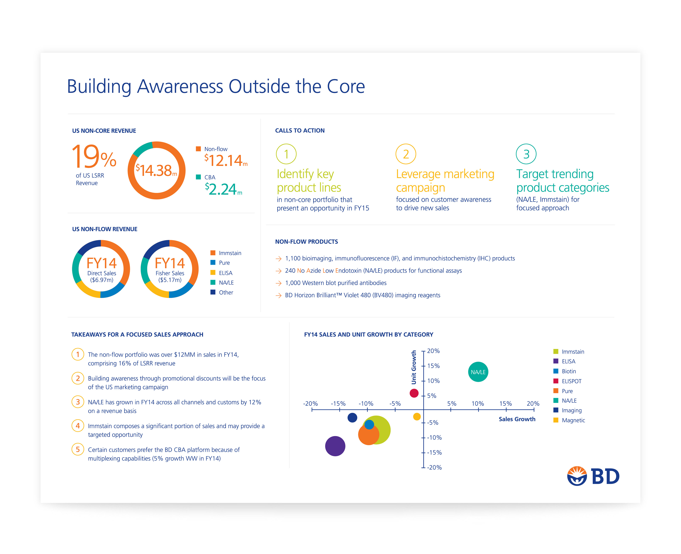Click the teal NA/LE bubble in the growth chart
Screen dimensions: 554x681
click(478, 372)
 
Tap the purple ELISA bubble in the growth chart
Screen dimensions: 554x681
click(335, 446)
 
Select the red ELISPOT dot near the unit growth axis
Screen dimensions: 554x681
click(414, 393)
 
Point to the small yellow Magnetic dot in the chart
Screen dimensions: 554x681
click(417, 416)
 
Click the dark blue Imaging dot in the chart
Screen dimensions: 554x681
click(352, 417)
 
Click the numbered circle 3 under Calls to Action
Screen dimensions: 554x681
click(526, 154)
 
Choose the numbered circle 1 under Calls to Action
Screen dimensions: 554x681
click(286, 154)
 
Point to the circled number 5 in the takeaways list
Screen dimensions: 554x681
click(77, 449)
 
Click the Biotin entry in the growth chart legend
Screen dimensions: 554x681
click(568, 371)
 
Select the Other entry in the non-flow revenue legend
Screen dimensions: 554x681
click(226, 292)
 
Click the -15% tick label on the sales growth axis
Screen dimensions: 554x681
click(338, 404)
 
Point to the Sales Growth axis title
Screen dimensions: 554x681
click(517, 419)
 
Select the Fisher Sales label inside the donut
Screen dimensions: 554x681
click(170, 273)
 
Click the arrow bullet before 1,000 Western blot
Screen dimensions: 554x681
click(278, 283)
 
